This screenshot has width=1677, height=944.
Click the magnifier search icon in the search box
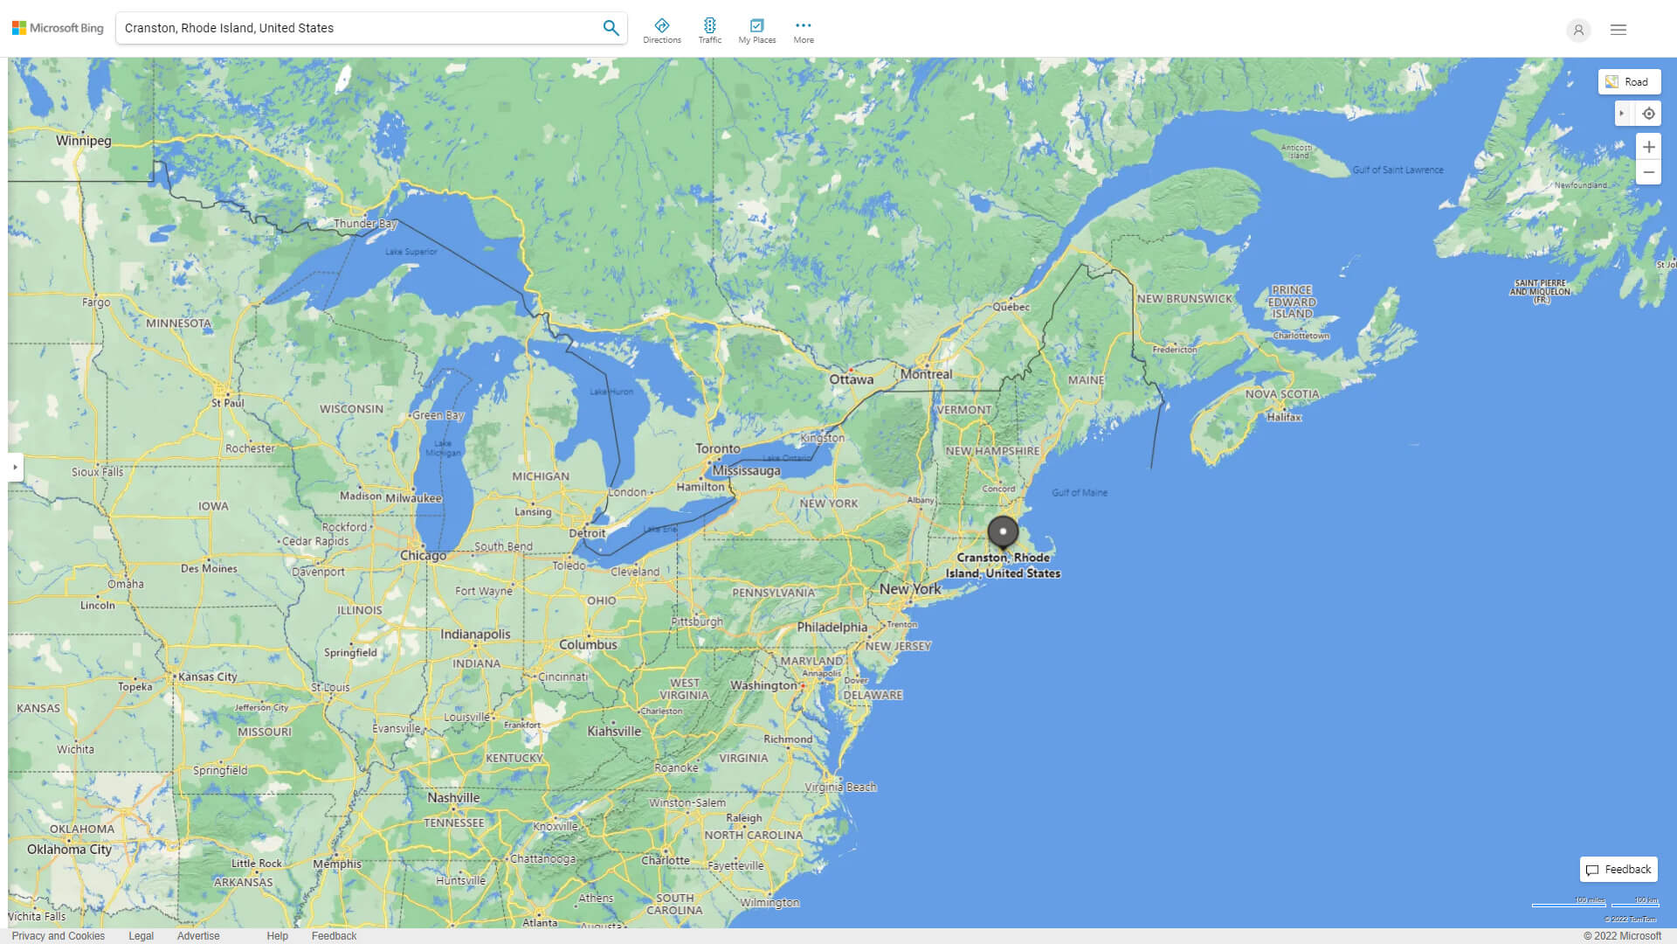coord(611,28)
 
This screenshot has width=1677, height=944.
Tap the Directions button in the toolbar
coord(662,31)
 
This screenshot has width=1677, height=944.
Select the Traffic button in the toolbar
coord(709,31)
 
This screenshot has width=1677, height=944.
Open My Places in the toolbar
coord(756,31)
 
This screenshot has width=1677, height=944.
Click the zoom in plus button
coord(1648,147)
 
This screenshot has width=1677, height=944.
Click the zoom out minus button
coord(1648,172)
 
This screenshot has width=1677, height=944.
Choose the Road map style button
coord(1629,82)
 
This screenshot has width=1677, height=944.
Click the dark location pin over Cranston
coord(1003,531)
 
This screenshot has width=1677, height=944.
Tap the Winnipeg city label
coord(84,141)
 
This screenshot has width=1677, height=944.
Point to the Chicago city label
coord(423,556)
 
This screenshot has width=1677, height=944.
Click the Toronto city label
coord(718,448)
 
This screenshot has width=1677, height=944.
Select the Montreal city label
coord(927,374)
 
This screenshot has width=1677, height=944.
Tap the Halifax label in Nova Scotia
coord(1284,417)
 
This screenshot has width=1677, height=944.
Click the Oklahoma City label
coord(69,850)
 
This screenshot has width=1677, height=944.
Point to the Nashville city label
coord(453,798)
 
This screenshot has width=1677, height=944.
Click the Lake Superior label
coord(411,252)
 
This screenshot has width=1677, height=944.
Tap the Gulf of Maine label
coord(1080,493)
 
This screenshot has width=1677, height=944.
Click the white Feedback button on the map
coord(1618,870)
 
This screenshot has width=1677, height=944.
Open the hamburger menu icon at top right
coord(1618,30)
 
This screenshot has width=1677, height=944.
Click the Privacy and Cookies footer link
coord(59,936)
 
